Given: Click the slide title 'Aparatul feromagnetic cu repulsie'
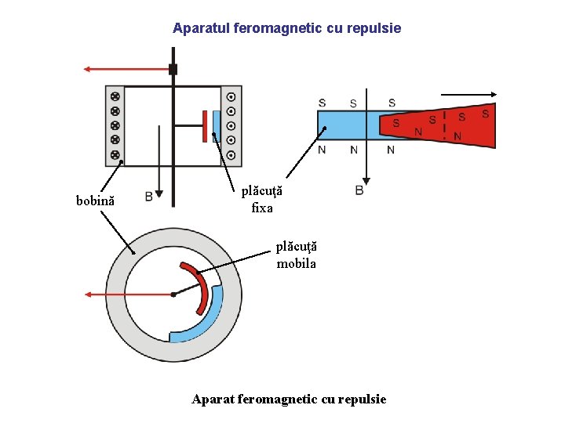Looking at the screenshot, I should pos(286,28).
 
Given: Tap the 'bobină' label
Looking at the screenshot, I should pos(95,201).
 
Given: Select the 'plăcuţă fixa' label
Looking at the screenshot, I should pos(261,200).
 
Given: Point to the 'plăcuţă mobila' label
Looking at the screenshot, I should pos(296,255).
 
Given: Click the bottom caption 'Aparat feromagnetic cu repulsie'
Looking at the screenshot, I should pos(289,399).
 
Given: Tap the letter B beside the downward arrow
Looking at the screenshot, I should pos(148,197).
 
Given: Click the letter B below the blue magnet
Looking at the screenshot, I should pos(359,190).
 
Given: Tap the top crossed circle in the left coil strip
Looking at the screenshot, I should pos(115,96).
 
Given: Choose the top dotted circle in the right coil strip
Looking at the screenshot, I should pos(231,97).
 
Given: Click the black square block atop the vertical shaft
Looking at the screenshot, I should pos(173,69).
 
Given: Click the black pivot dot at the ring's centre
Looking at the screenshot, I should pos(173,295).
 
